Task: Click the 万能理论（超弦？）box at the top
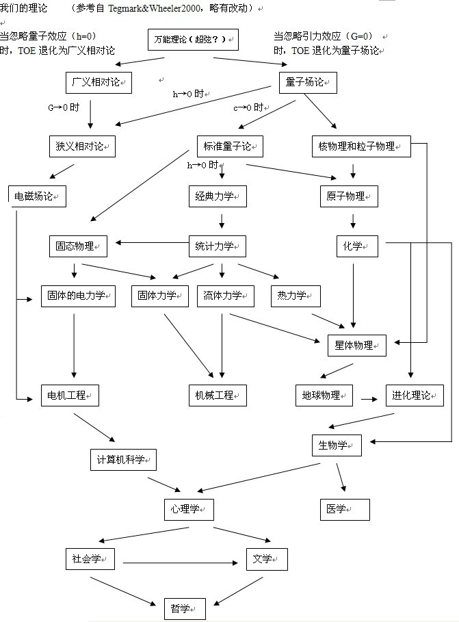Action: point(193,40)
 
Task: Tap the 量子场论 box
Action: point(308,82)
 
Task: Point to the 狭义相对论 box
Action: point(82,146)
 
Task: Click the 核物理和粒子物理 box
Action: point(360,146)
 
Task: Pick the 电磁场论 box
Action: point(37,196)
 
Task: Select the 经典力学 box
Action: point(217,196)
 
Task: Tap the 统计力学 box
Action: point(217,246)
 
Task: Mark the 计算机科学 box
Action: point(123,459)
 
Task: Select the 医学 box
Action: point(345,509)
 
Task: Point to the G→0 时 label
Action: point(64,107)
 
